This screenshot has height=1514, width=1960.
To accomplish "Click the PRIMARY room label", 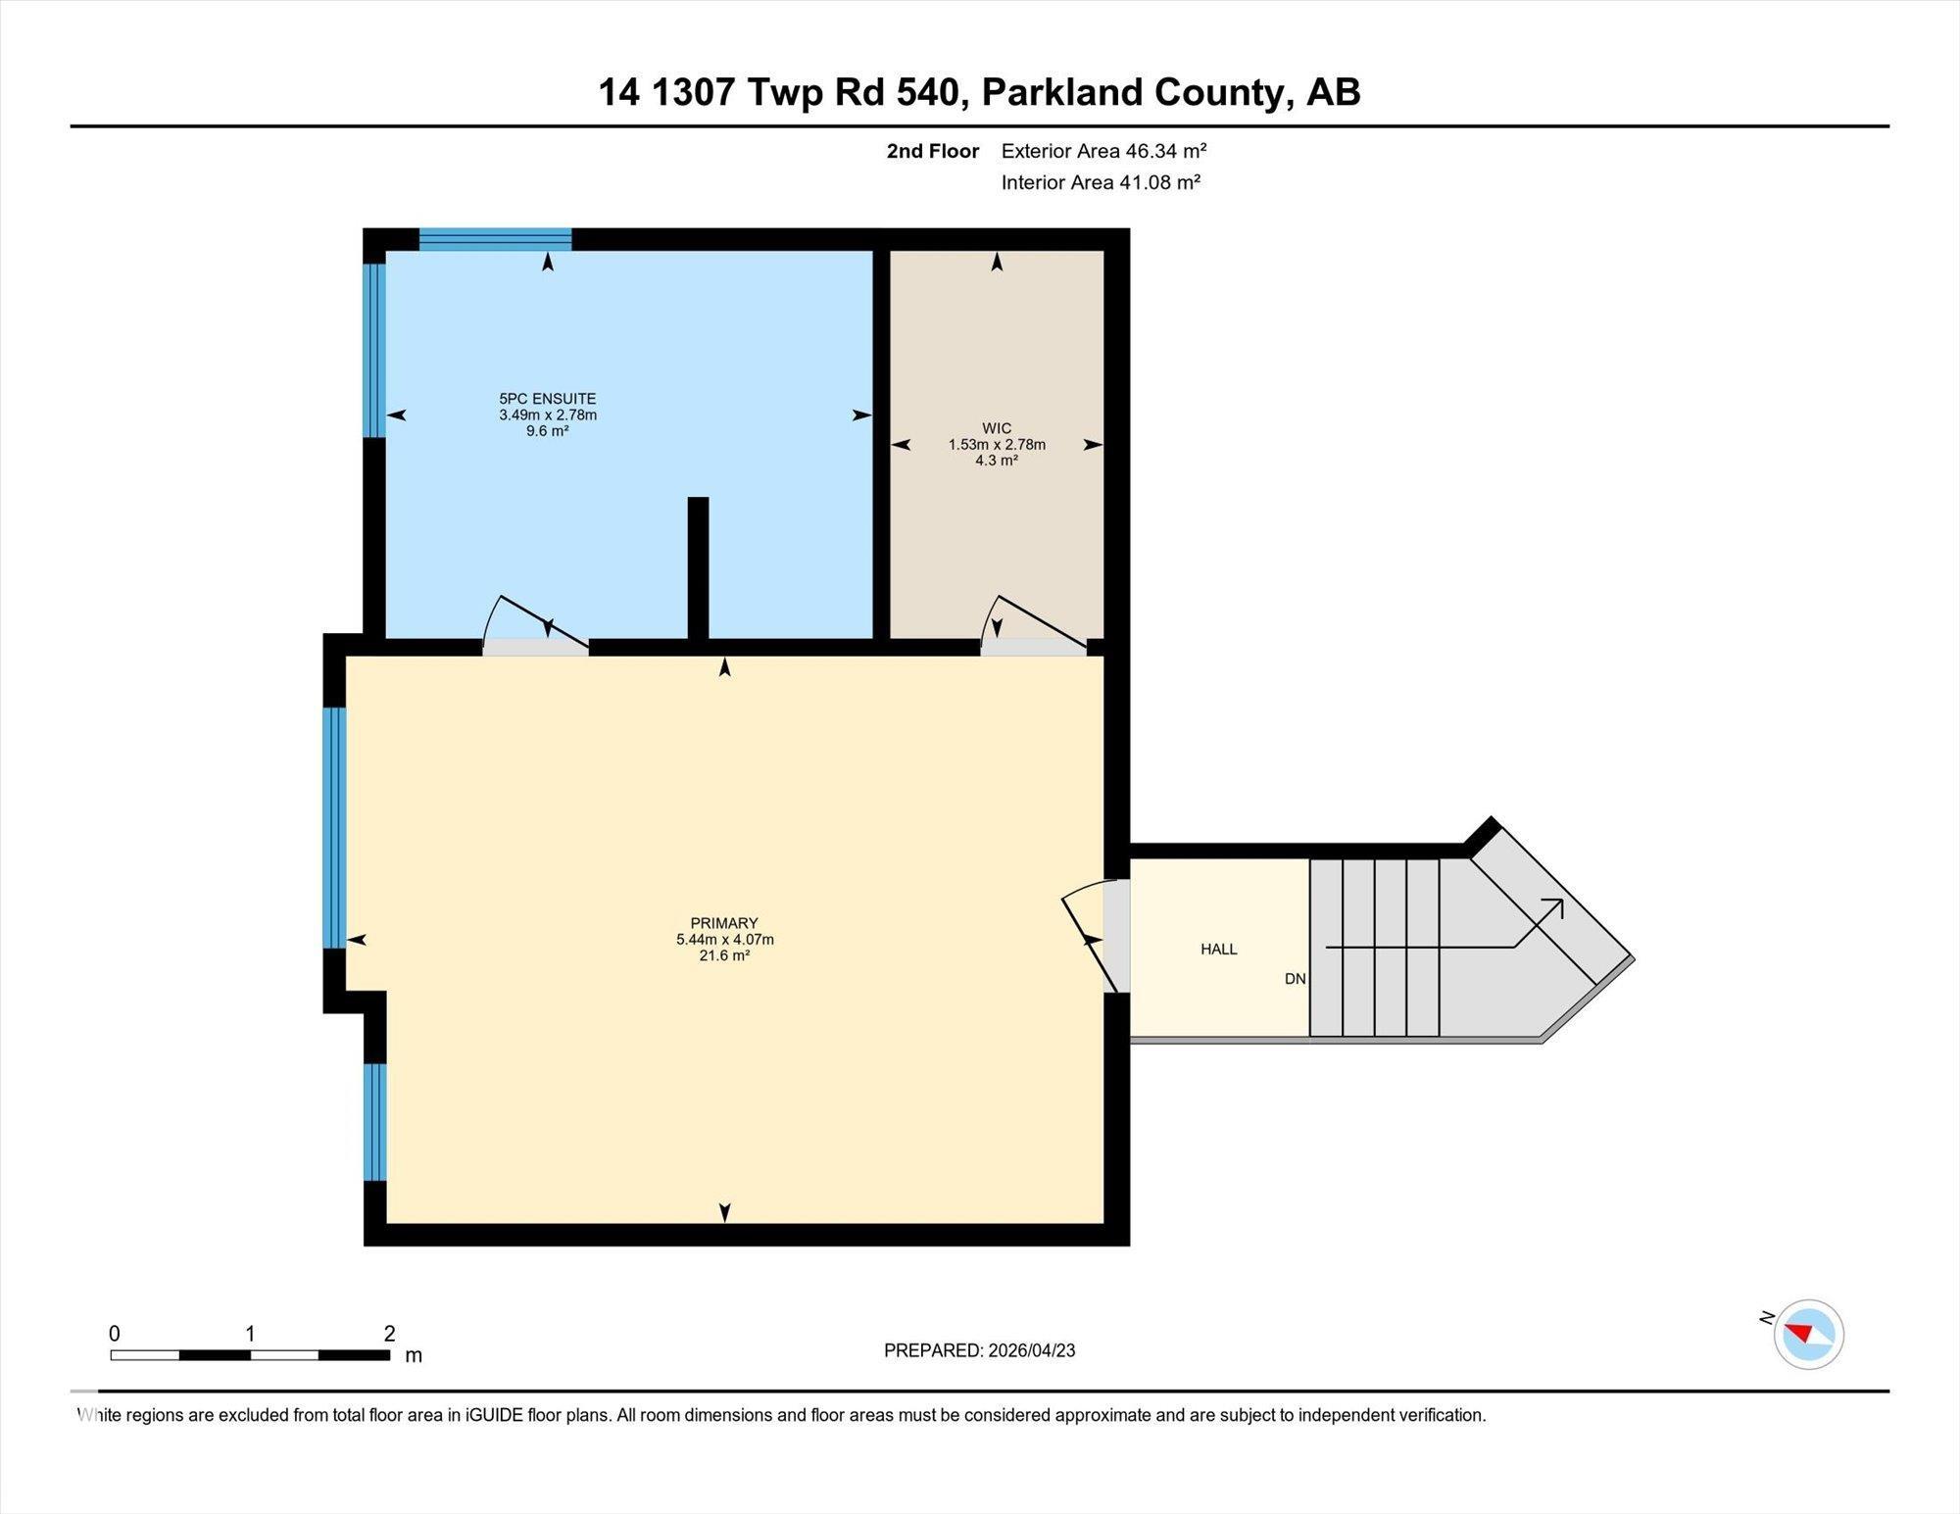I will pyautogui.click(x=724, y=923).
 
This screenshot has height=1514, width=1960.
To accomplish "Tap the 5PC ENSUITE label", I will pyautogui.click(x=547, y=399).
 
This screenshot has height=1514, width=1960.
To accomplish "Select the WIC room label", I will pyautogui.click(x=997, y=428).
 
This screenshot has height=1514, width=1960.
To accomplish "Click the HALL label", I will pyautogui.click(x=1218, y=949).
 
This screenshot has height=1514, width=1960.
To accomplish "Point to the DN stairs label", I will pyautogui.click(x=1295, y=979).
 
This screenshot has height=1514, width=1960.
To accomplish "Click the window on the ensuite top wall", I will pyautogui.click(x=495, y=239).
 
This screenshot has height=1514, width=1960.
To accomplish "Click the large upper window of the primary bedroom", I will pyautogui.click(x=334, y=827).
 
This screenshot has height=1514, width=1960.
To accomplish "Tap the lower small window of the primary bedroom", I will pyautogui.click(x=374, y=1121).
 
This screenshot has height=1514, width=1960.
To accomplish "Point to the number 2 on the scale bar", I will pyautogui.click(x=389, y=1334).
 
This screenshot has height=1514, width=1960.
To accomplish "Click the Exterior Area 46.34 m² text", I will pyautogui.click(x=1102, y=151).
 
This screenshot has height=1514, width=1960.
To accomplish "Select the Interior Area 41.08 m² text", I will pyautogui.click(x=1100, y=182).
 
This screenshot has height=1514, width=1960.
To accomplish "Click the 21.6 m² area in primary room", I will pyautogui.click(x=724, y=955).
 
